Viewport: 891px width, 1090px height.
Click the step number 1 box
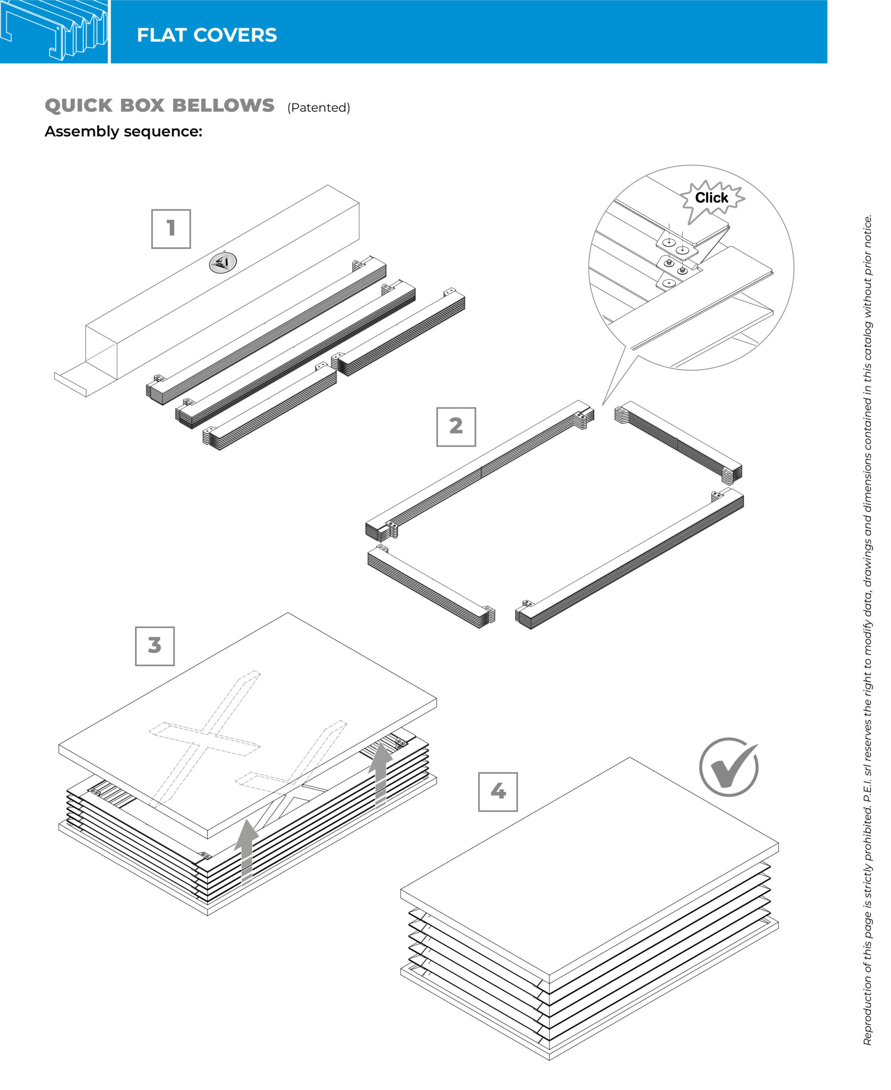(171, 229)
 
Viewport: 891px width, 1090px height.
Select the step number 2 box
(456, 427)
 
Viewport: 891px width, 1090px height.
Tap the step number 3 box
(155, 646)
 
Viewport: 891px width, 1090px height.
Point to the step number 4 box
(498, 792)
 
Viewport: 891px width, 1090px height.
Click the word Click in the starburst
(711, 198)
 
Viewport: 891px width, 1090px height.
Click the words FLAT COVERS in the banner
(207, 35)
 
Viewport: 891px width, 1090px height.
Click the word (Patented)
(319, 107)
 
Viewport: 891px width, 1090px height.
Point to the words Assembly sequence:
(123, 131)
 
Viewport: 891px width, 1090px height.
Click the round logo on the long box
(223, 263)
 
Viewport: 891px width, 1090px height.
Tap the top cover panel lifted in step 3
(248, 725)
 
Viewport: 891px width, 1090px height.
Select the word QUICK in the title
(78, 105)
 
